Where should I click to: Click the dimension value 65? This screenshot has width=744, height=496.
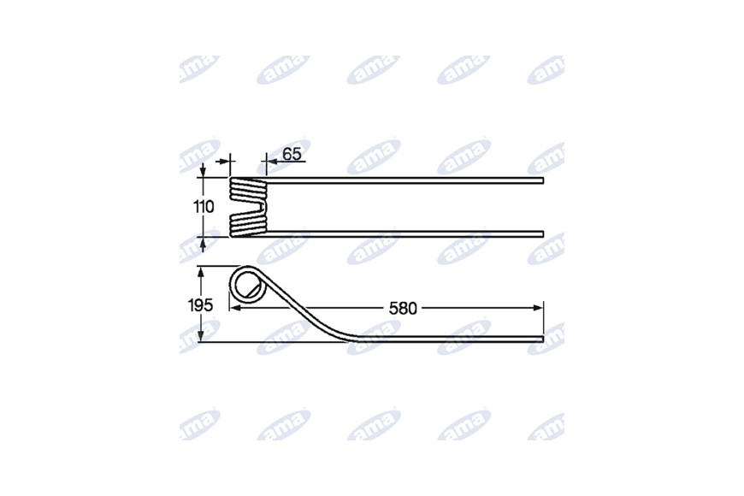[292, 154]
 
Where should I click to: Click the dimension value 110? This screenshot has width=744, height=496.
[204, 207]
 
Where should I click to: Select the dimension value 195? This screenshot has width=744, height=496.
[200, 305]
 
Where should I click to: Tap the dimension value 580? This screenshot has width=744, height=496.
[403, 309]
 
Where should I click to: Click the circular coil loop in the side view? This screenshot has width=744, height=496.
[230, 284]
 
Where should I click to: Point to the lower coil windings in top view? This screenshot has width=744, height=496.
[248, 225]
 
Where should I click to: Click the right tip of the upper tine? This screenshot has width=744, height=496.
[543, 180]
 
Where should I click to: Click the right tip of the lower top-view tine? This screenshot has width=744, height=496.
[543, 234]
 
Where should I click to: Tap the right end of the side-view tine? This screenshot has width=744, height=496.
[543, 339]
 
